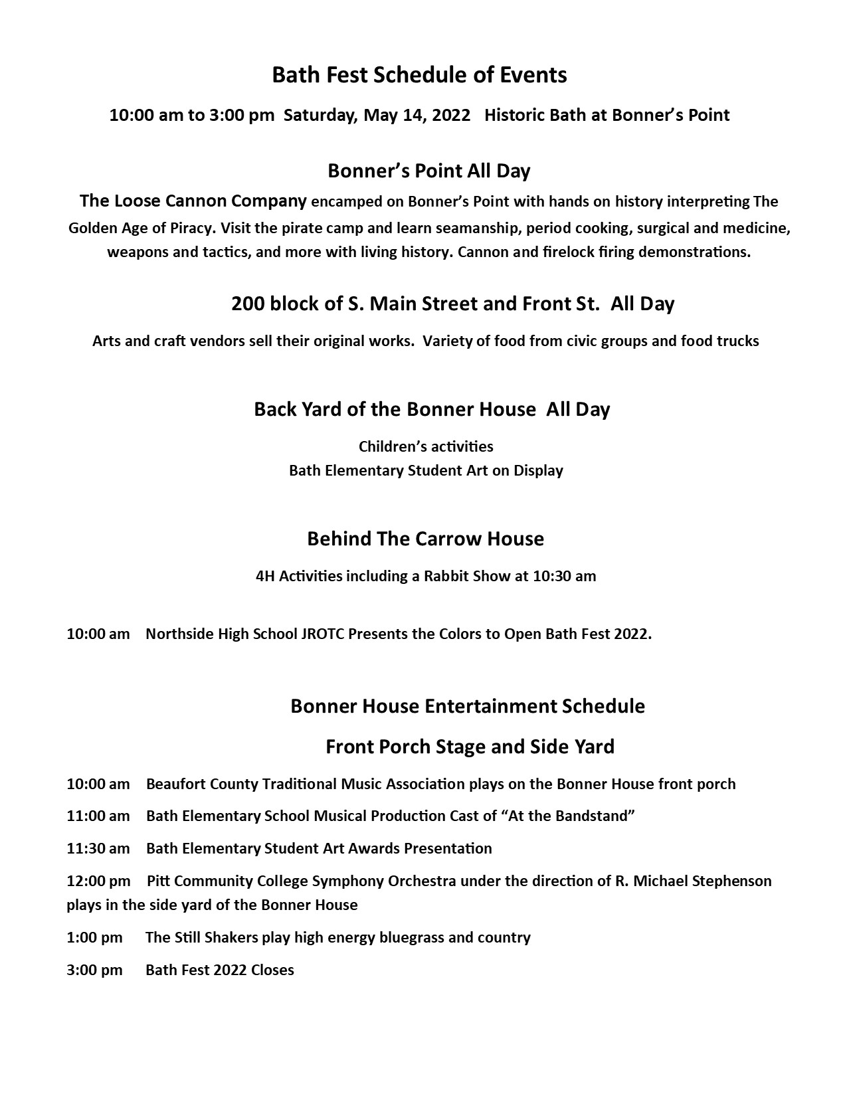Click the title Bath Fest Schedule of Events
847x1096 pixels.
(419, 75)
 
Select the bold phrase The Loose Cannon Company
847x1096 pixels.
(193, 201)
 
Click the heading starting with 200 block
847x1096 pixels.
(452, 304)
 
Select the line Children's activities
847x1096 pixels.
(426, 446)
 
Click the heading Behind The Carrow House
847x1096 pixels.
(425, 539)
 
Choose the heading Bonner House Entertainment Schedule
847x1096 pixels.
(468, 705)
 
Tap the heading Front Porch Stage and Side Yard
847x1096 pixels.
(470, 747)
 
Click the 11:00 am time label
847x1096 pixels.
(98, 816)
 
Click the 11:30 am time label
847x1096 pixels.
(98, 848)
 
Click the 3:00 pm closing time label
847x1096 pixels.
(94, 970)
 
